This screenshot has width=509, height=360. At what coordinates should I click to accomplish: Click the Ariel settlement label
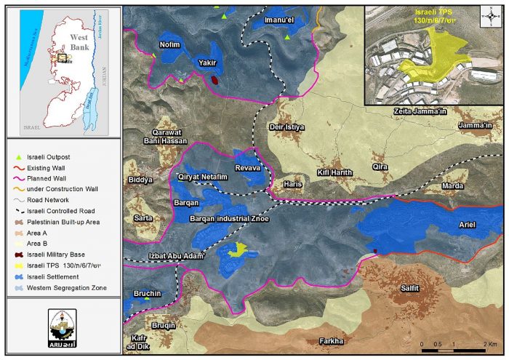pos(466,225)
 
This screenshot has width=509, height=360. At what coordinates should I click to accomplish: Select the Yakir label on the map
pos(209,63)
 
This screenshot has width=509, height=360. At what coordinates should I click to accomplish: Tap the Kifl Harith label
pos(334,172)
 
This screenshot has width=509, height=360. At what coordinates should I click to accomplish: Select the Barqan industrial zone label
pos(229,217)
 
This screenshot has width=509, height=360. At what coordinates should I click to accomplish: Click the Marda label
pos(452,185)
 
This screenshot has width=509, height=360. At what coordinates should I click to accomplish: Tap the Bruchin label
pos(146,293)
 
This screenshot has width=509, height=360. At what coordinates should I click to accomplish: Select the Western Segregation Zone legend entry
pos(66,288)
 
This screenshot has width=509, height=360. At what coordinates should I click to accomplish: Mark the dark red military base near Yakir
pos(215,80)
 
